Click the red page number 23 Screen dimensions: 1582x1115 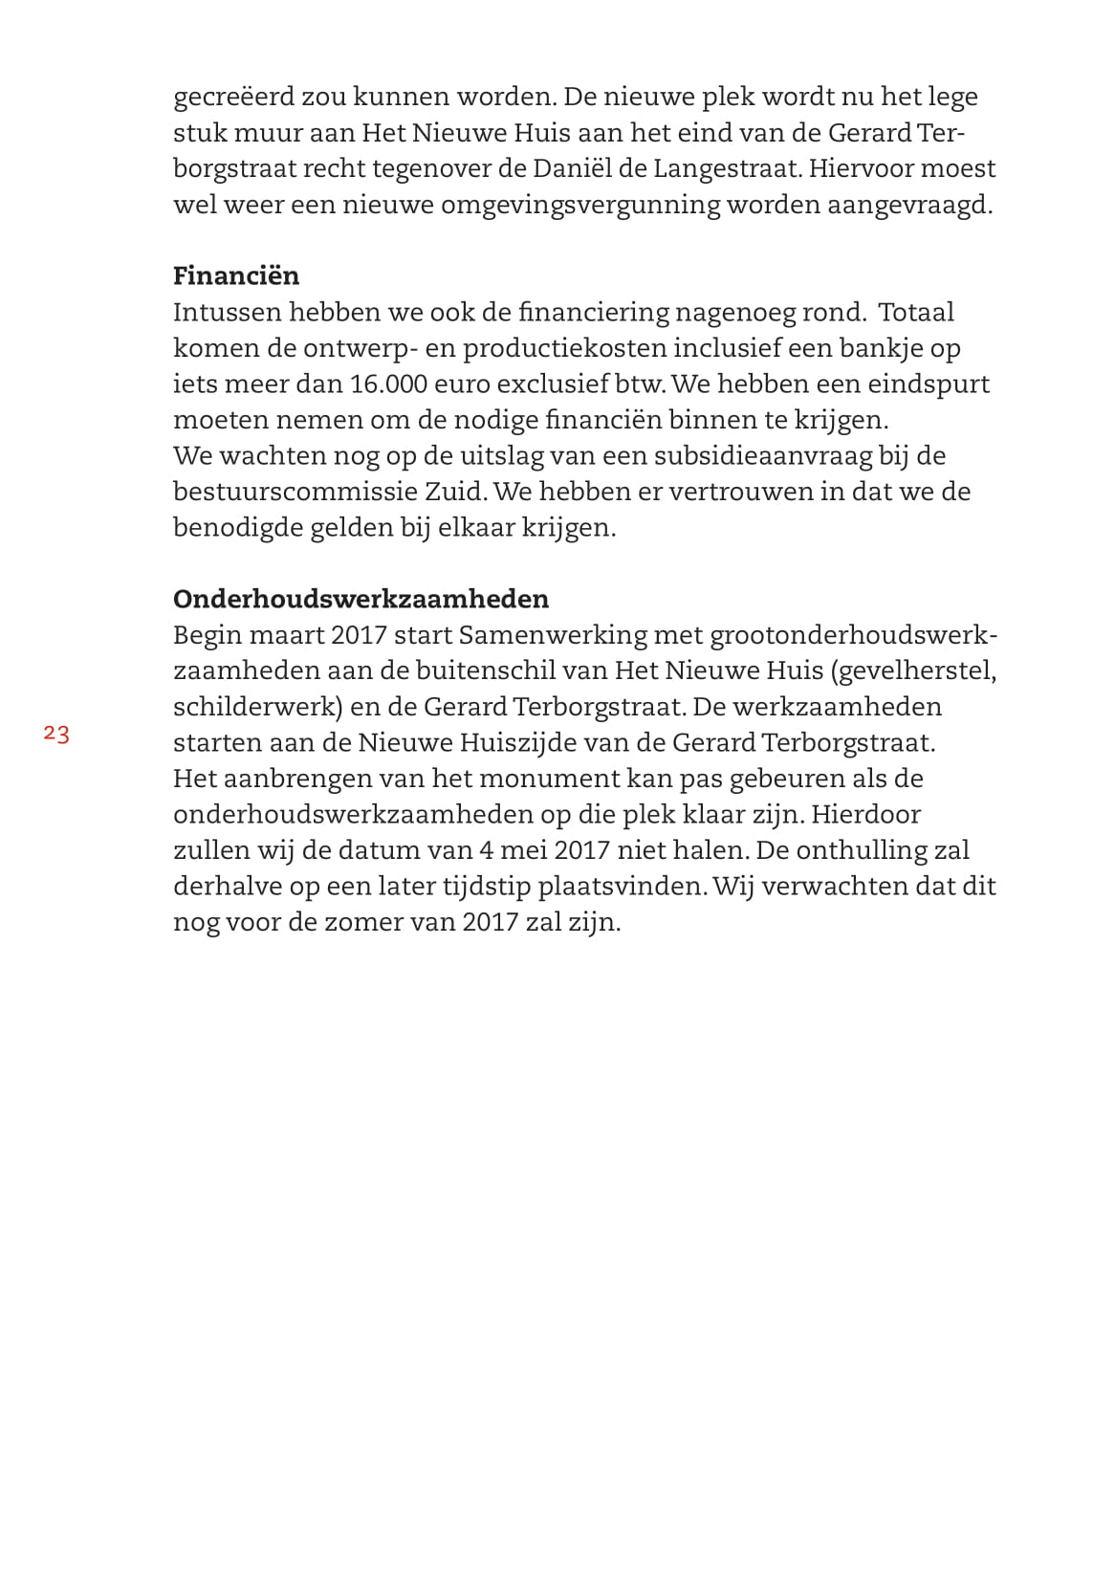click(x=56, y=735)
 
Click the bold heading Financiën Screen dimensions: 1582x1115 click(x=236, y=275)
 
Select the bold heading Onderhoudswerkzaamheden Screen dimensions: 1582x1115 click(x=361, y=599)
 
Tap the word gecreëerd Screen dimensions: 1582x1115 click(x=232, y=97)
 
